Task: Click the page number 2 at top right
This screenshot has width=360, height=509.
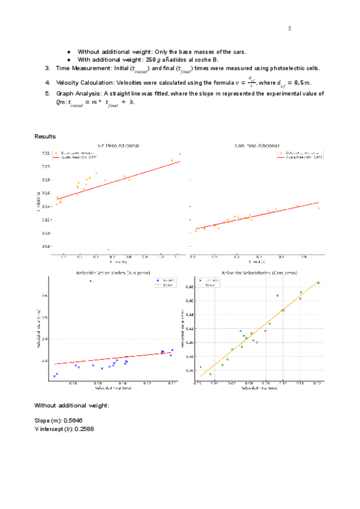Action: [x=289, y=28]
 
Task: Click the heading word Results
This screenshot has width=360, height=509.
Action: [x=45, y=137]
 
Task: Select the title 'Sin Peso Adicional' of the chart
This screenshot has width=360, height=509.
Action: [x=118, y=146]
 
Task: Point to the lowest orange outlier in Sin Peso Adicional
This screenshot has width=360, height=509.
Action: [x=108, y=250]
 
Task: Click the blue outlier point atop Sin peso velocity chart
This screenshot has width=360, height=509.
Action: [x=91, y=281]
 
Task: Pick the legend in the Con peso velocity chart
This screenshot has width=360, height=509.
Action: [x=208, y=282]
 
